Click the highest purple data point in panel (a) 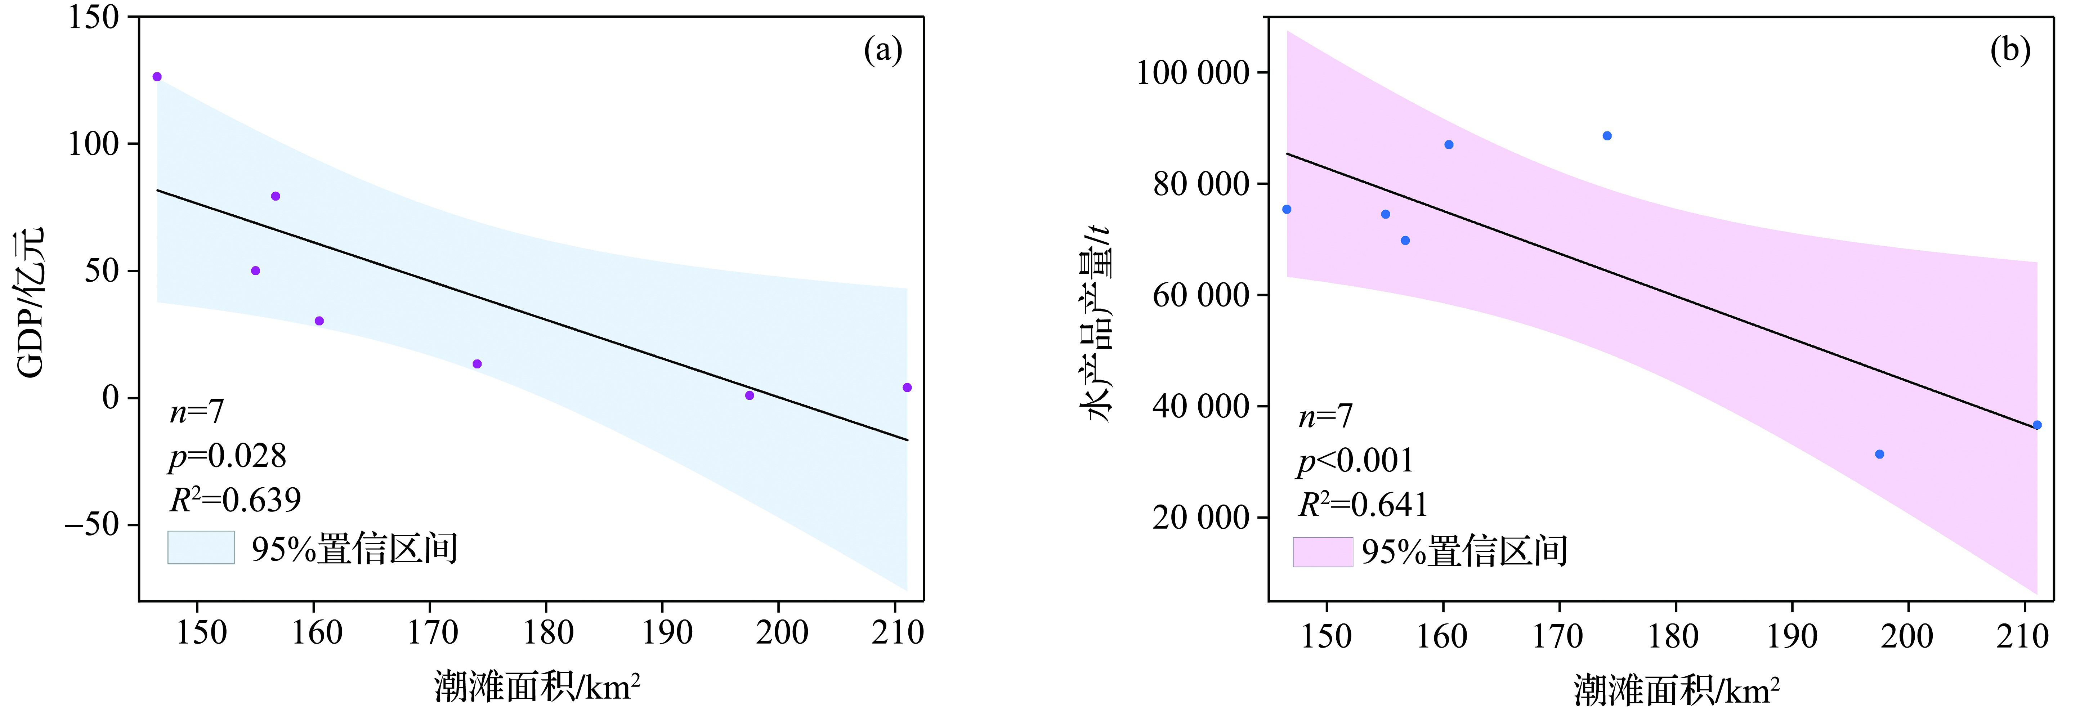pyautogui.click(x=157, y=77)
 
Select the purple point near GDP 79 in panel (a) pyautogui.click(x=275, y=196)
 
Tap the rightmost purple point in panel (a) pyautogui.click(x=907, y=388)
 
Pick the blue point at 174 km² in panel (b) pyautogui.click(x=1607, y=135)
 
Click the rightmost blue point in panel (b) pyautogui.click(x=2036, y=425)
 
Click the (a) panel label pyautogui.click(x=882, y=51)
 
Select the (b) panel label pyautogui.click(x=2010, y=51)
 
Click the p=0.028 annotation pyautogui.click(x=228, y=457)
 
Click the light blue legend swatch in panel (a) pyautogui.click(x=201, y=547)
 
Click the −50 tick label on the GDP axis pyautogui.click(x=91, y=525)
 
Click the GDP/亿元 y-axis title pyautogui.click(x=31, y=303)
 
